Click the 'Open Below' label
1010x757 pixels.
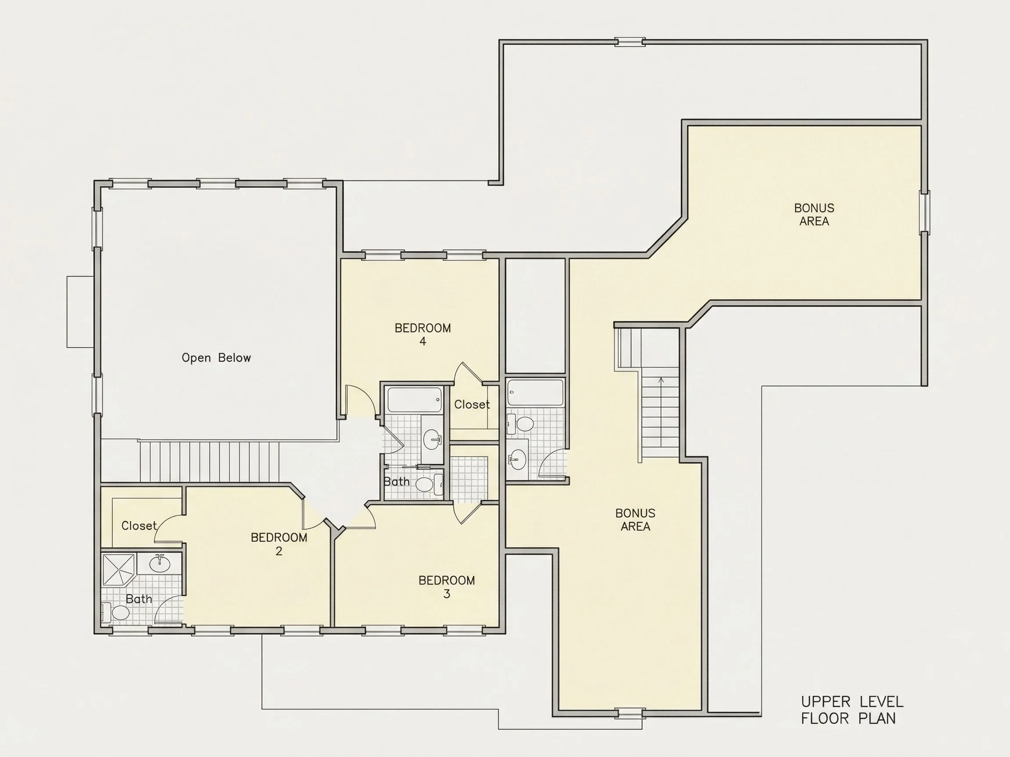pos(217,358)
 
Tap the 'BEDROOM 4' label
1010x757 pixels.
pos(423,334)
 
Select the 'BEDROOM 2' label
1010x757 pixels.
pos(279,544)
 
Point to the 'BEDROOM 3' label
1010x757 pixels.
pos(447,587)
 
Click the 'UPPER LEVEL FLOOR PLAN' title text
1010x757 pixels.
pos(852,710)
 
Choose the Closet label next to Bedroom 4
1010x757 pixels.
pos(472,404)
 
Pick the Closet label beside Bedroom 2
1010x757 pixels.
pos(139,526)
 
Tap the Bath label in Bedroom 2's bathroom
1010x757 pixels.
pos(139,599)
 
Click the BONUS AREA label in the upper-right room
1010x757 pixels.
pos(814,215)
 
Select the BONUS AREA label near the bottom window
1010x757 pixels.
pos(635,520)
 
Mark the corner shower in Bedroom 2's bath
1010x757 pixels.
pos(118,569)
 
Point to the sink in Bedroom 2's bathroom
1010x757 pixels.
pos(160,564)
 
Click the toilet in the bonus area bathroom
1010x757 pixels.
pos(521,424)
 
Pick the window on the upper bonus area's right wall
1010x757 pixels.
pos(925,212)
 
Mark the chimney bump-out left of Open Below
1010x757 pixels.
pos(80,311)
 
